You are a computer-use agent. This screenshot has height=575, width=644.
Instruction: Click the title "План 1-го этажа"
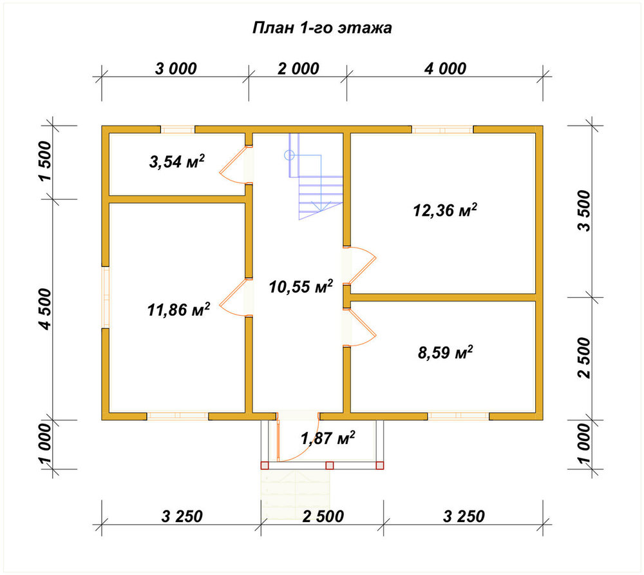(x=322, y=28)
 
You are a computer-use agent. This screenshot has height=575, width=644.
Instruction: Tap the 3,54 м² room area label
(x=176, y=162)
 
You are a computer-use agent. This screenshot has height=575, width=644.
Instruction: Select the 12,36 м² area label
(x=445, y=210)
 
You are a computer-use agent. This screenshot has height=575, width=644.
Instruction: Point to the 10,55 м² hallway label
(x=301, y=286)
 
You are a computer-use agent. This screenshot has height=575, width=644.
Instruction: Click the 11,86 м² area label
(x=178, y=309)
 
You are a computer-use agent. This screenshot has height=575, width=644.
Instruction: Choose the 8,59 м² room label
(x=445, y=352)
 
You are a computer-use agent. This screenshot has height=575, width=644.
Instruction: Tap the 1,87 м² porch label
(x=328, y=438)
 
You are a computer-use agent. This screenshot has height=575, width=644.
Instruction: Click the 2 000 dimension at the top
(x=298, y=68)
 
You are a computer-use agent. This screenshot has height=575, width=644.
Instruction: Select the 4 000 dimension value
(x=445, y=68)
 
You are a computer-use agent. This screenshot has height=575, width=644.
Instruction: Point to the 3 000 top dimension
(x=176, y=68)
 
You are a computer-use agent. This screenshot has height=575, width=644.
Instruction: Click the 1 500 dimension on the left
(x=45, y=161)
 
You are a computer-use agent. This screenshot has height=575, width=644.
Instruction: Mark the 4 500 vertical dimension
(x=45, y=309)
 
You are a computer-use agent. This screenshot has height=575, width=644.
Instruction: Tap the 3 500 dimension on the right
(x=583, y=211)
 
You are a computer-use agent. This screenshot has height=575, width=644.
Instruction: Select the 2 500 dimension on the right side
(x=583, y=358)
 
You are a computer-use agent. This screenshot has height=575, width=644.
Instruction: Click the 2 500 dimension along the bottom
(x=323, y=516)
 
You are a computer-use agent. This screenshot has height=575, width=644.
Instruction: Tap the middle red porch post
(x=329, y=465)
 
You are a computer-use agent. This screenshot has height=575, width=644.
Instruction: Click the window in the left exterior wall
(x=106, y=298)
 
